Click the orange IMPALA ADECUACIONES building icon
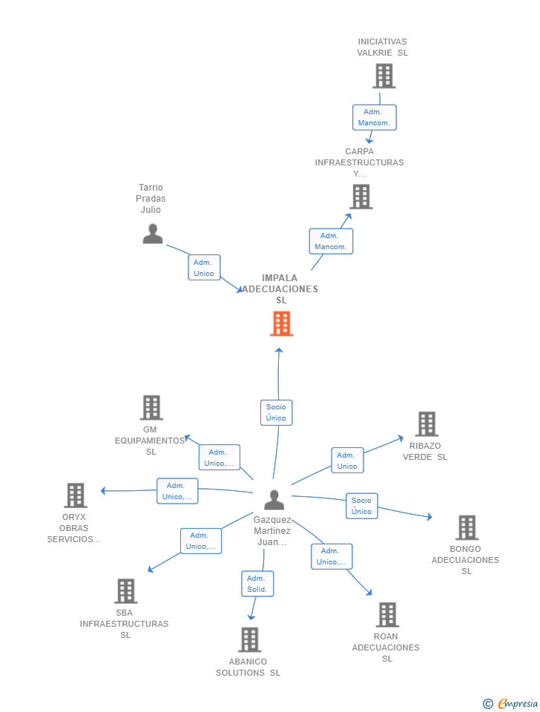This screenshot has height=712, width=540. (282, 323)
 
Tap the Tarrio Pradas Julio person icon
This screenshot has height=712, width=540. (153, 234)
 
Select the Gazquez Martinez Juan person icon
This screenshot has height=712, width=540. (274, 500)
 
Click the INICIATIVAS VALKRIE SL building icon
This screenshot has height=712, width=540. (384, 76)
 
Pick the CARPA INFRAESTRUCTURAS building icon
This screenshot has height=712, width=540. (361, 197)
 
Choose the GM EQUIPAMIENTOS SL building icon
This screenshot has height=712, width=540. (151, 407)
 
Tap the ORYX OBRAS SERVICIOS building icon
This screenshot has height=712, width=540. (76, 495)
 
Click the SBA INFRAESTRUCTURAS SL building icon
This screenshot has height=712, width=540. (126, 591)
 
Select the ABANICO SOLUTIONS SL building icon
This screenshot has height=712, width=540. (250, 639)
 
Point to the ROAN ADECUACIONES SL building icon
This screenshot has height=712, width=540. (388, 614)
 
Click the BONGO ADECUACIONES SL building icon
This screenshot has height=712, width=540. (467, 527)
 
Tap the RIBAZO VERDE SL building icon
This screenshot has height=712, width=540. (427, 423)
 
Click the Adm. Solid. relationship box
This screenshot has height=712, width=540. (257, 584)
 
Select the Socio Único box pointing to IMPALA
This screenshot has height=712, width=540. (276, 412)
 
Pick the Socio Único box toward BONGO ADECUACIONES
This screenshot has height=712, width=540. (361, 506)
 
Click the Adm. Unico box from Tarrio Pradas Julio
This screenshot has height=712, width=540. (204, 268)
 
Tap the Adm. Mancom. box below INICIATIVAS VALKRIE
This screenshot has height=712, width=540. (375, 117)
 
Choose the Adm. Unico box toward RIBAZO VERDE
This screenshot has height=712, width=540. (347, 461)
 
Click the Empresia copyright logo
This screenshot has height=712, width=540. (510, 703)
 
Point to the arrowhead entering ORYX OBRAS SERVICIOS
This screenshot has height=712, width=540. (103, 491)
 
